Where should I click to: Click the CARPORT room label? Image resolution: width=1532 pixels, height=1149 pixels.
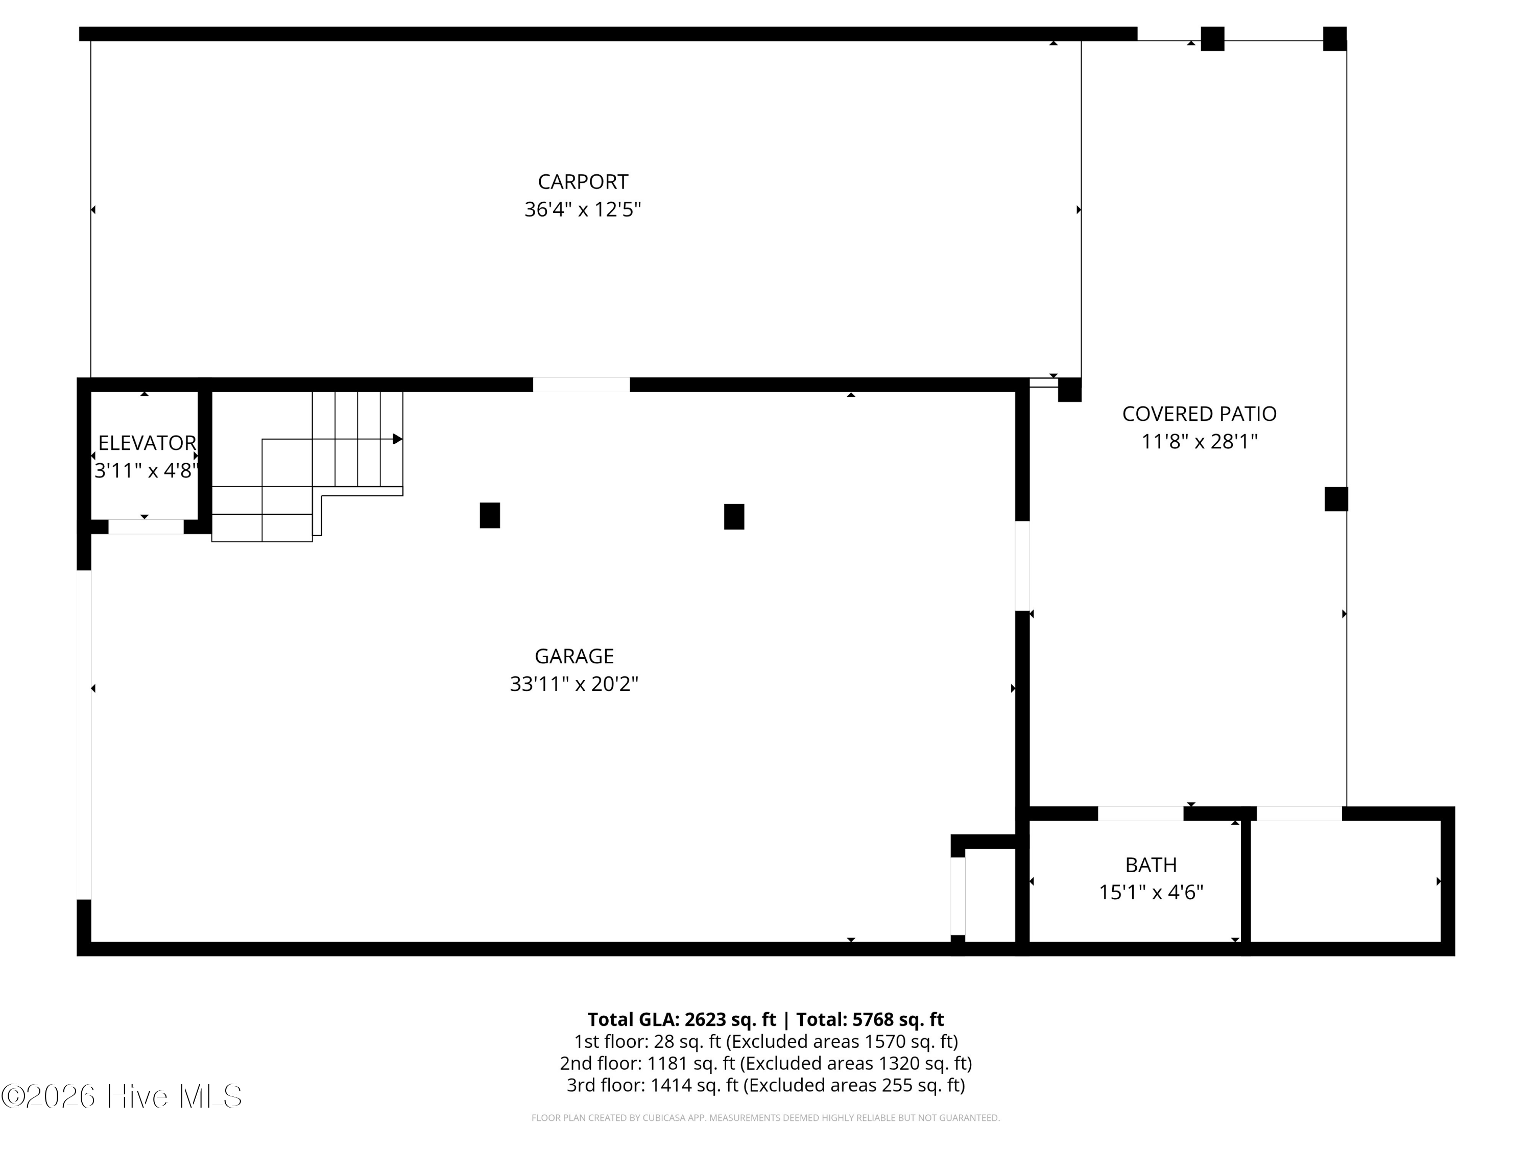[x=583, y=181]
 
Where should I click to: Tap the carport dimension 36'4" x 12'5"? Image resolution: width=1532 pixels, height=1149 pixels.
[x=583, y=209]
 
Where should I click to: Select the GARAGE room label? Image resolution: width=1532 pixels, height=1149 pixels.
[x=574, y=656]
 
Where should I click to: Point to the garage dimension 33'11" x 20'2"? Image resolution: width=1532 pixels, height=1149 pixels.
[x=574, y=684]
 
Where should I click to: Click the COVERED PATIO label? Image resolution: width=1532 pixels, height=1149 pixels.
[x=1199, y=414]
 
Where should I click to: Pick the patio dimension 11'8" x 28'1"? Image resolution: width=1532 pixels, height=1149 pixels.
[x=1199, y=441]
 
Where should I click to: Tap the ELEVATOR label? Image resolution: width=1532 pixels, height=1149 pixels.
[x=147, y=443]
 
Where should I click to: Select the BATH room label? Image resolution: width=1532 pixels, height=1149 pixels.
[x=1151, y=865]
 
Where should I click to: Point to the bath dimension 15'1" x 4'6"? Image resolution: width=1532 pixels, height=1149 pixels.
[x=1151, y=892]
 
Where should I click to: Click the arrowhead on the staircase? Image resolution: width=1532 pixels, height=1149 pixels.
[x=397, y=439]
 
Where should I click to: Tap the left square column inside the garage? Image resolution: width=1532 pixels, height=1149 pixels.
[x=490, y=515]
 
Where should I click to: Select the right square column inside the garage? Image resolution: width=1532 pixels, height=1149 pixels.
[x=734, y=517]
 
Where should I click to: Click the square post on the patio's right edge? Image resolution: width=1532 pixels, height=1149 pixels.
[x=1336, y=499]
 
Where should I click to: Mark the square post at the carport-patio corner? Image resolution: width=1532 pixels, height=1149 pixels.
[x=1069, y=390]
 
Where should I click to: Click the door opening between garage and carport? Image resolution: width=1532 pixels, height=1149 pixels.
[x=581, y=385]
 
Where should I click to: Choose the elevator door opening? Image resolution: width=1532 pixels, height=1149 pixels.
[x=146, y=527]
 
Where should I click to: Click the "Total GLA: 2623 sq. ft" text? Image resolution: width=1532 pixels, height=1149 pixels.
[x=682, y=1019]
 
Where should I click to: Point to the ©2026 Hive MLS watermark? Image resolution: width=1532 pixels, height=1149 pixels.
[x=122, y=1096]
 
